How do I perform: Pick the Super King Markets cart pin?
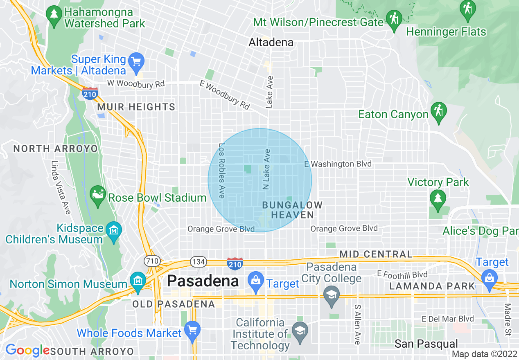pos(135,62)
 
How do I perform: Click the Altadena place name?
pos(271,42)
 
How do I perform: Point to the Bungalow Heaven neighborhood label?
pos(292,210)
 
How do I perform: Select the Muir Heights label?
pos(136,107)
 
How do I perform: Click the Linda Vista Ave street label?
pos(61,187)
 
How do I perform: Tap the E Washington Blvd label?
pos(338,164)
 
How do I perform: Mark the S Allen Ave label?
pos(357,324)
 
